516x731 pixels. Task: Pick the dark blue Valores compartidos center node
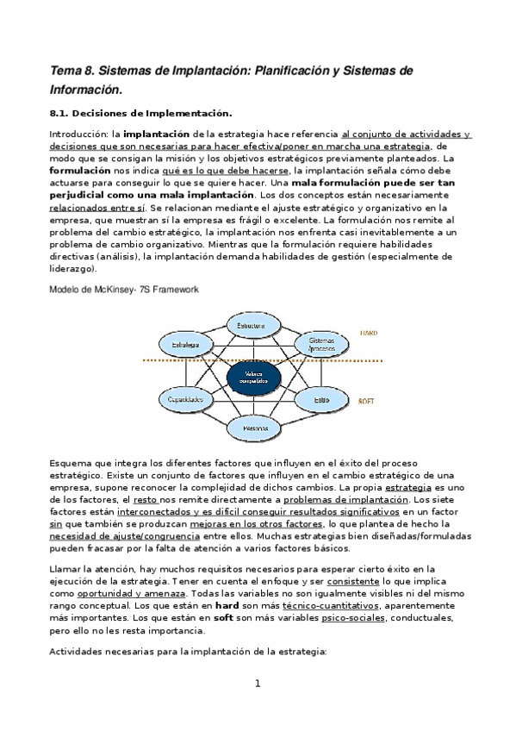click(254, 377)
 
